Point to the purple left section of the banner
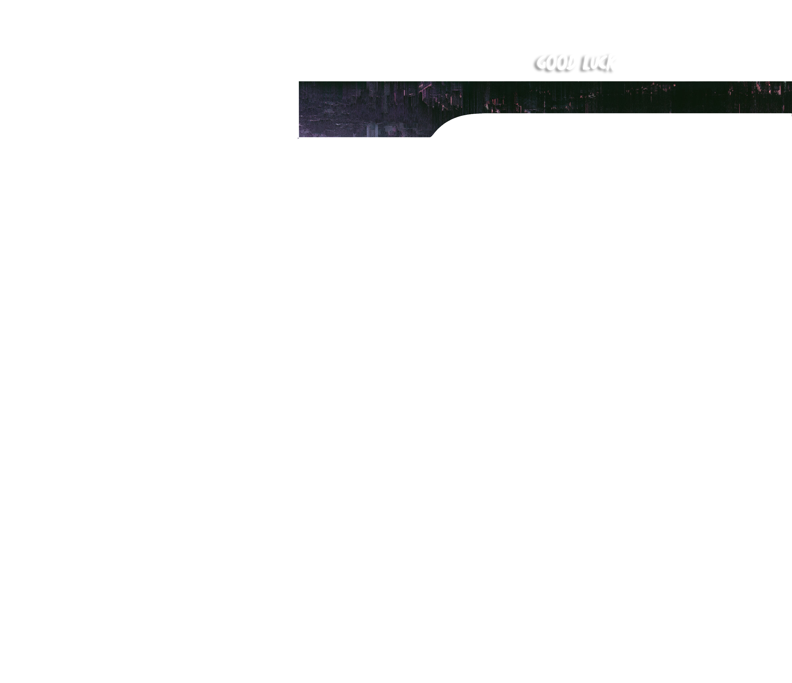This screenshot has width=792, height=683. coord(344,111)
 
